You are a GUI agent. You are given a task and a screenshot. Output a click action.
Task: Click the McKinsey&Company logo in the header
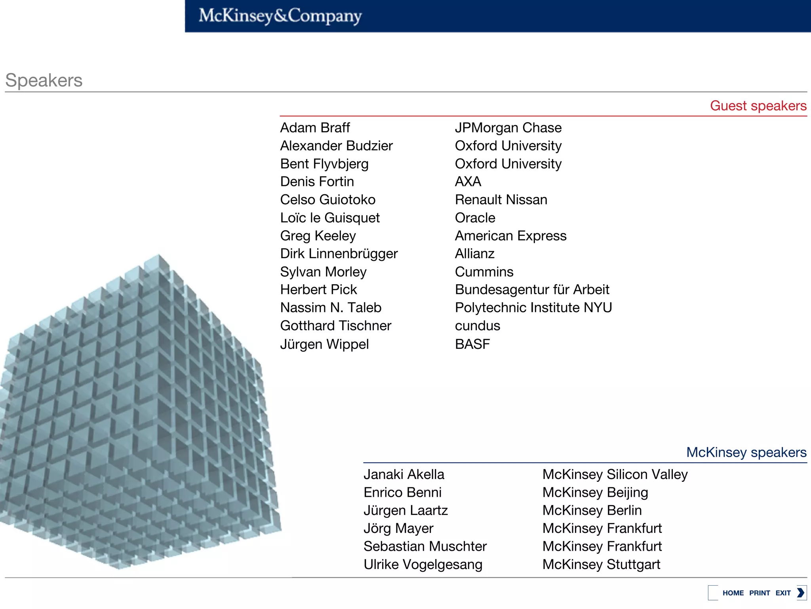tap(280, 16)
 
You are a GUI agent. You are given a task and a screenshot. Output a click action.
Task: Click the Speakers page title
tap(44, 80)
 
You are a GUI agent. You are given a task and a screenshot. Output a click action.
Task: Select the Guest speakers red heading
tap(758, 106)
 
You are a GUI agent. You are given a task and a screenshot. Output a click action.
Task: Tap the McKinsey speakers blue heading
tap(746, 452)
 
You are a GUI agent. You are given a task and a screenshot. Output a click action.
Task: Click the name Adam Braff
tap(315, 128)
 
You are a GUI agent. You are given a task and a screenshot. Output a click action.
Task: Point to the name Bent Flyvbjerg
tap(324, 164)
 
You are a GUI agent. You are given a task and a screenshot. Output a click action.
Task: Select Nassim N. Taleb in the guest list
tap(331, 308)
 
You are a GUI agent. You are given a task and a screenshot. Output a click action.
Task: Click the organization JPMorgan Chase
tap(508, 128)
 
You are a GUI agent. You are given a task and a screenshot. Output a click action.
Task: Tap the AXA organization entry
tap(468, 182)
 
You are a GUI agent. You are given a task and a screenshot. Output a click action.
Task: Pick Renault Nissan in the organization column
tap(501, 200)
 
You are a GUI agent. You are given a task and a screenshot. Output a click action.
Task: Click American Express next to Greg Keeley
tap(510, 236)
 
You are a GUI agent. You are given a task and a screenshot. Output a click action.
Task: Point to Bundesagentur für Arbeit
tap(532, 290)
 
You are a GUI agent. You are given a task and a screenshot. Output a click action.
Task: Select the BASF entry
tap(472, 344)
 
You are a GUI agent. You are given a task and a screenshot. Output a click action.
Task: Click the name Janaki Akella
tap(404, 475)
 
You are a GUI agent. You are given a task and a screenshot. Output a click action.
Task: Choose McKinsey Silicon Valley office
tap(615, 475)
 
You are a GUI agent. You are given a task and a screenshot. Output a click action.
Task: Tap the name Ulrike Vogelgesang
tap(423, 565)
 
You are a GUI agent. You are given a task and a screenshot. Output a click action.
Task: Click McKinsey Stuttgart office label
tap(601, 565)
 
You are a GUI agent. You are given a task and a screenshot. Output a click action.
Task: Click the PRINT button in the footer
tap(759, 593)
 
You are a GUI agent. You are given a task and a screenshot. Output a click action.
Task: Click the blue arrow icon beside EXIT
tap(801, 593)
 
